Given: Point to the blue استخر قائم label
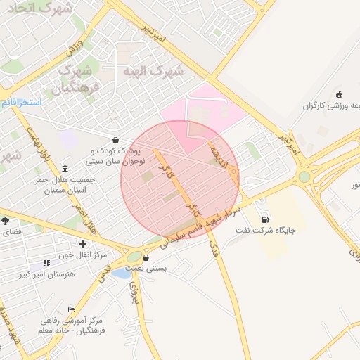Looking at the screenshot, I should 21,103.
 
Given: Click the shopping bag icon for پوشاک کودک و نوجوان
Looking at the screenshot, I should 115,140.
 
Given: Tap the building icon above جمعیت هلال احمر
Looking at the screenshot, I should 65,169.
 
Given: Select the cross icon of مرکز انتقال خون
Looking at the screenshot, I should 82,243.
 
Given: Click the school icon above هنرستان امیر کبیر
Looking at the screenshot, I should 46,263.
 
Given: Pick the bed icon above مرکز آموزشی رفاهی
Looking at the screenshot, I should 71,310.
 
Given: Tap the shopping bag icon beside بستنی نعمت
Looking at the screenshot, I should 146,258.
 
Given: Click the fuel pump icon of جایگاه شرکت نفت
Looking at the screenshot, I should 264,219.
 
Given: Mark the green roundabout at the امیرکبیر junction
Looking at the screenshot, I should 304,176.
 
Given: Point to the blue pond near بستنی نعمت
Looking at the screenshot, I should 120,273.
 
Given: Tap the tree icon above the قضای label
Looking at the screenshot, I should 5,220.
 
